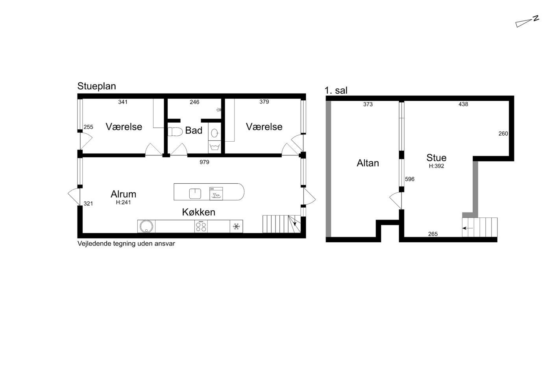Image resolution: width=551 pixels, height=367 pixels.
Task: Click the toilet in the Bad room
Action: [175, 131]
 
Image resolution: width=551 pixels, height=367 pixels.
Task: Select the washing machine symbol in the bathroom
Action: [214, 147]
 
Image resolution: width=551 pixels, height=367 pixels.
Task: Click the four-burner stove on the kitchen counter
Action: [201, 227]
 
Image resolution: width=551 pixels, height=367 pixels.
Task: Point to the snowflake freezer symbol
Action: [237, 227]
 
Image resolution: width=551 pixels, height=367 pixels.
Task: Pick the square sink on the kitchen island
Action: [195, 194]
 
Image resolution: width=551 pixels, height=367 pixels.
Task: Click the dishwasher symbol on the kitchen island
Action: [216, 194]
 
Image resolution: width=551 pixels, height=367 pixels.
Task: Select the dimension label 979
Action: [204, 162]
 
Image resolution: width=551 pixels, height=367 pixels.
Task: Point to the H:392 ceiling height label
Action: [436, 166]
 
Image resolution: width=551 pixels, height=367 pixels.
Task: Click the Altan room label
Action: [368, 163]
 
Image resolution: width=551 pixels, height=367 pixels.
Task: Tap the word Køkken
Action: [199, 212]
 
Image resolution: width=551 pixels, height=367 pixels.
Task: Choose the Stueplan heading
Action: [97, 86]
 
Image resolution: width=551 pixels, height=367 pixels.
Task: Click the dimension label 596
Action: [410, 179]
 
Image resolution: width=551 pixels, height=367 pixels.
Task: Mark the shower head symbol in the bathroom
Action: [219, 110]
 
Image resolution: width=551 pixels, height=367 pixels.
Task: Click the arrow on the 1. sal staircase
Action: [468, 228]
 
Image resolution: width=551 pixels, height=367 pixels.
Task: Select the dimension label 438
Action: [463, 104]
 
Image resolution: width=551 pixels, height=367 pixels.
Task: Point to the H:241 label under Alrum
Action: [124, 202]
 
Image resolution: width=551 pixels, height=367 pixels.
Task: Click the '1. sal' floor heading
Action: [336, 90]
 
